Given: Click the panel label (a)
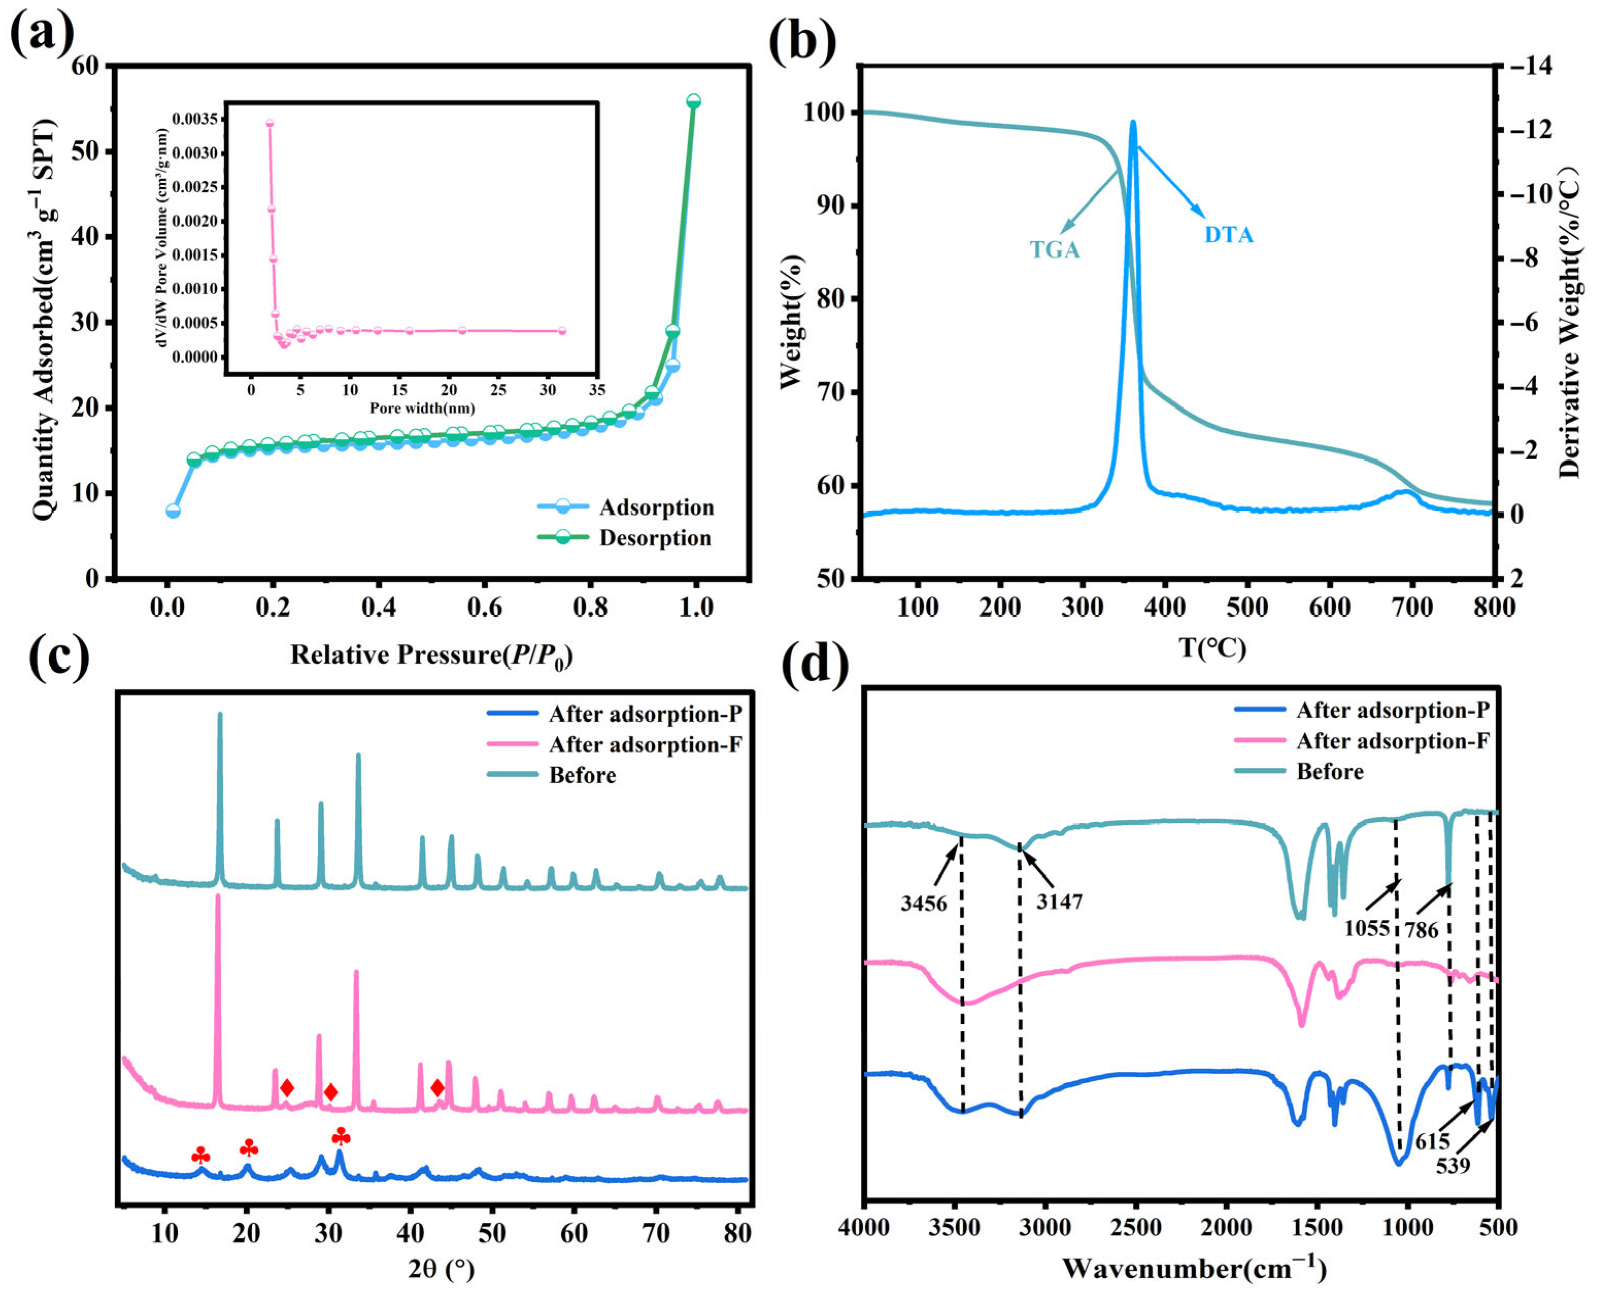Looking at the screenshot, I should [43, 33].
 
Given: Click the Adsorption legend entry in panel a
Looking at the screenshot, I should [656, 508].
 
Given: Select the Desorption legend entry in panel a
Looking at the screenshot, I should [654, 538].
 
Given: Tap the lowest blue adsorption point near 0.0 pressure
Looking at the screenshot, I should [173, 511].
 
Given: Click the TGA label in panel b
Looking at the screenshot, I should [1054, 249].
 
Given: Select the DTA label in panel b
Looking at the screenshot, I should [1229, 235].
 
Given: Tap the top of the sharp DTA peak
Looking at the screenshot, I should [1133, 123].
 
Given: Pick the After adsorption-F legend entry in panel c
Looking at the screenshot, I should [644, 745].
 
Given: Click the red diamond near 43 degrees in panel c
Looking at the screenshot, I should [438, 1088].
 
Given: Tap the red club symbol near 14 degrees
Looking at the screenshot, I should [200, 1156].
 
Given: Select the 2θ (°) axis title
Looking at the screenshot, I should [441, 1269].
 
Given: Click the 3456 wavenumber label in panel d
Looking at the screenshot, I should [923, 904].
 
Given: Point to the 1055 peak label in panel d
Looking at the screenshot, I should [1367, 929].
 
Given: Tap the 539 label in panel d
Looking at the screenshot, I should [1453, 1166].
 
